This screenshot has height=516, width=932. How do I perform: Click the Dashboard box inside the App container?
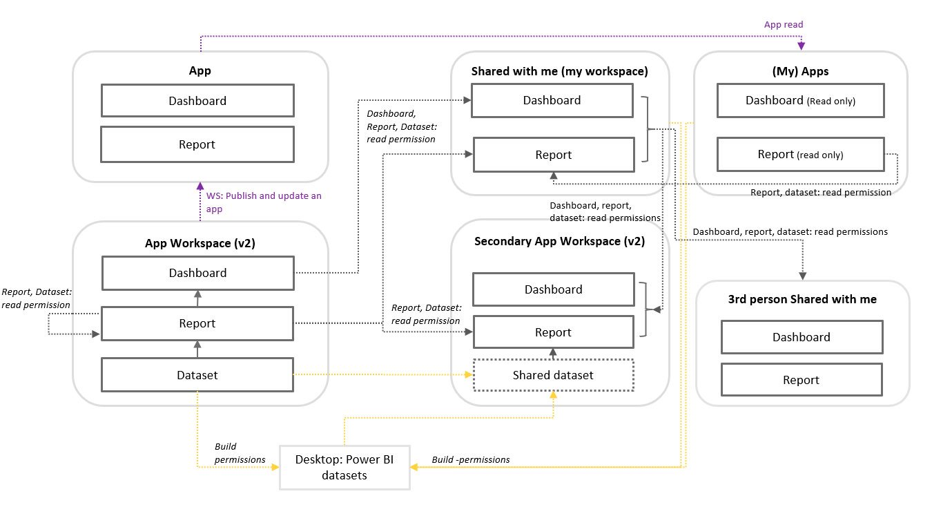[x=197, y=101]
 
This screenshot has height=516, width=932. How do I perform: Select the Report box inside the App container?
[x=197, y=144]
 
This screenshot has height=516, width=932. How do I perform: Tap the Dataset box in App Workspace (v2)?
[x=197, y=375]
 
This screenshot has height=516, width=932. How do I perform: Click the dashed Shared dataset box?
[x=552, y=375]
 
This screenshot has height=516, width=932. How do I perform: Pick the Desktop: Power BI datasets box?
[x=344, y=468]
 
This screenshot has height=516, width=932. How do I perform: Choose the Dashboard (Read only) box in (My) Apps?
[x=800, y=101]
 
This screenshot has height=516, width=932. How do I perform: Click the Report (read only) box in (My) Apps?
[x=800, y=155]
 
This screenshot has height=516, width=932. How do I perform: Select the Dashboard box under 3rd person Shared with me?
[x=802, y=337]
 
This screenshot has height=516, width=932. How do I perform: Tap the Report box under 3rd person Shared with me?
[x=802, y=380]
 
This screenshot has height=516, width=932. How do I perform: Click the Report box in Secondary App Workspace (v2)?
[x=553, y=332]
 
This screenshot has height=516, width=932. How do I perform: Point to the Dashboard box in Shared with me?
[x=552, y=101]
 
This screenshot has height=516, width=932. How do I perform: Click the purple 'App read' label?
[x=784, y=25]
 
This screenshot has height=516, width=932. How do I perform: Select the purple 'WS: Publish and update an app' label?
[x=264, y=202]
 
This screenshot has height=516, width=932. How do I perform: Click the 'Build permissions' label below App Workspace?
[x=240, y=453]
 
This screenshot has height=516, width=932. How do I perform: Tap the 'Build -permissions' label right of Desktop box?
[x=471, y=459]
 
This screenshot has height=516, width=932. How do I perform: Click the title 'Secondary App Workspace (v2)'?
[x=559, y=242]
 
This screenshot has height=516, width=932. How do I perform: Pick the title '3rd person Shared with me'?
[x=802, y=299]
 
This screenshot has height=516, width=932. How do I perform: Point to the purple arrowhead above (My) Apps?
[x=802, y=46]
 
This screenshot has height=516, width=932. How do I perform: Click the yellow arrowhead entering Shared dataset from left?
[x=469, y=375]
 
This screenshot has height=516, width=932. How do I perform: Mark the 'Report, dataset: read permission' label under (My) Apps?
[x=821, y=193]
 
